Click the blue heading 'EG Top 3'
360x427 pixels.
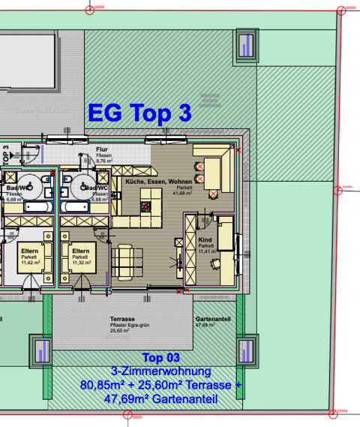(139, 113)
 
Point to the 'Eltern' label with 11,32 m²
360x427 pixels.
(81, 251)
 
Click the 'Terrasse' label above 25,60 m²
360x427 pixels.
(121, 319)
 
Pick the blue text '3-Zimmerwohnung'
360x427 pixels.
(160, 371)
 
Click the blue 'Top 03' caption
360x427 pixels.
(161, 358)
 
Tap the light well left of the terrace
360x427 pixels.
(41, 350)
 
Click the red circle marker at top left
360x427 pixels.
(91, 10)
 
